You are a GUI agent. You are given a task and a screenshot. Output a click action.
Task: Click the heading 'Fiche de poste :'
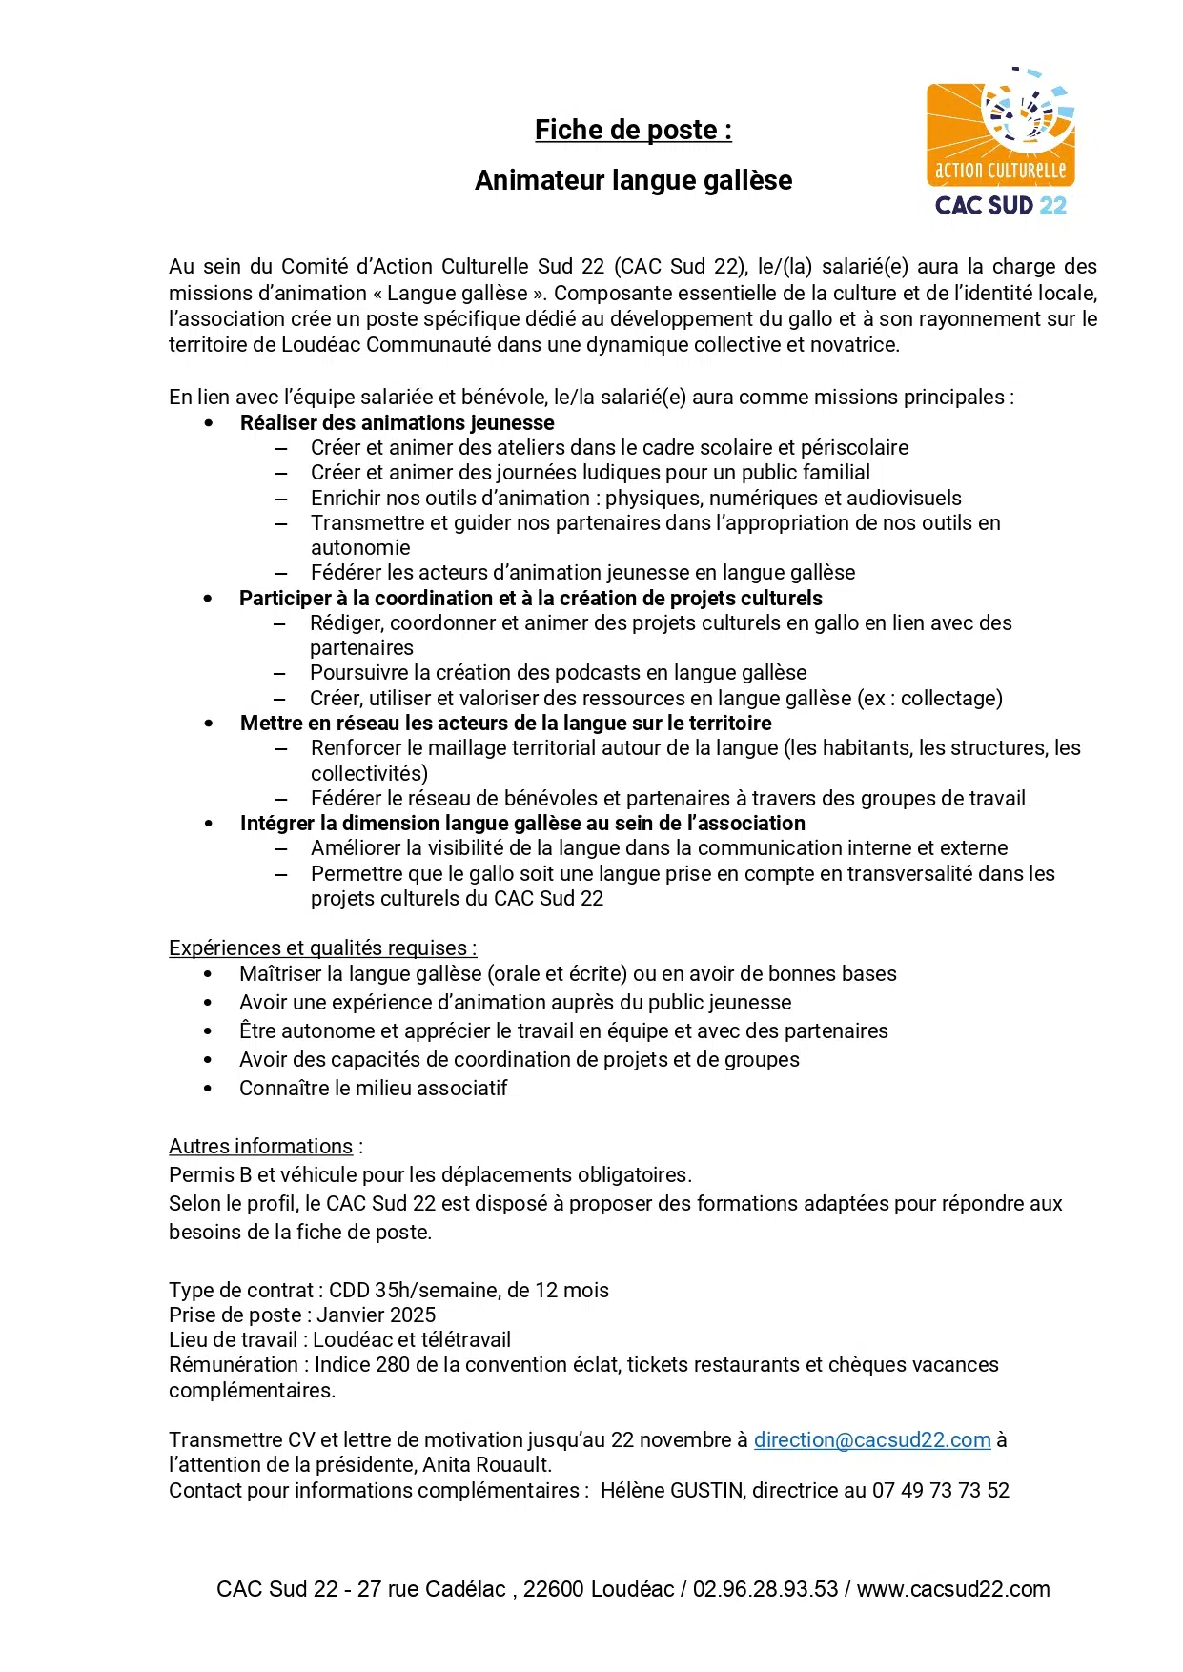pyautogui.click(x=633, y=130)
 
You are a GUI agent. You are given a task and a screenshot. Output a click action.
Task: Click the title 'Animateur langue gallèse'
pyautogui.click(x=633, y=180)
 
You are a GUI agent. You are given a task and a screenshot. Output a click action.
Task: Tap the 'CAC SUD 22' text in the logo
pyautogui.click(x=1000, y=206)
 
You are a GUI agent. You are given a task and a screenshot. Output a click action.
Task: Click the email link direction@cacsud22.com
pyautogui.click(x=872, y=1439)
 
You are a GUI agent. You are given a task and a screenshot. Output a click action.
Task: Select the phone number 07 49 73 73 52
pyautogui.click(x=940, y=1490)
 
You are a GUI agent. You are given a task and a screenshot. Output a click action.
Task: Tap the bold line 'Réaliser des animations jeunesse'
pyautogui.click(x=397, y=422)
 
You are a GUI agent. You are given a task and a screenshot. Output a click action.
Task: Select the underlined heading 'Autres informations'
pyautogui.click(x=260, y=1146)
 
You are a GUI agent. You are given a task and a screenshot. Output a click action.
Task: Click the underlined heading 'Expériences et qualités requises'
pyautogui.click(x=320, y=948)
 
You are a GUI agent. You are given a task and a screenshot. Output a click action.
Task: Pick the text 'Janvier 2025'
pyautogui.click(x=377, y=1315)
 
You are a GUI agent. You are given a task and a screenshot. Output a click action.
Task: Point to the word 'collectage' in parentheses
pyautogui.click(x=948, y=698)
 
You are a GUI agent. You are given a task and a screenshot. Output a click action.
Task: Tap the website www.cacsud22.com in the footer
pyautogui.click(x=953, y=1589)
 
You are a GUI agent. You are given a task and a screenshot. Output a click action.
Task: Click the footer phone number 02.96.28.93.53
pyautogui.click(x=765, y=1589)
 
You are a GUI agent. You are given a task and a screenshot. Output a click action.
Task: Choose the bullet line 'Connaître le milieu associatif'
pyautogui.click(x=373, y=1088)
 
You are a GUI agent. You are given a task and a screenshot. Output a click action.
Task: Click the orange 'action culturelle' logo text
pyautogui.click(x=1000, y=171)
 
